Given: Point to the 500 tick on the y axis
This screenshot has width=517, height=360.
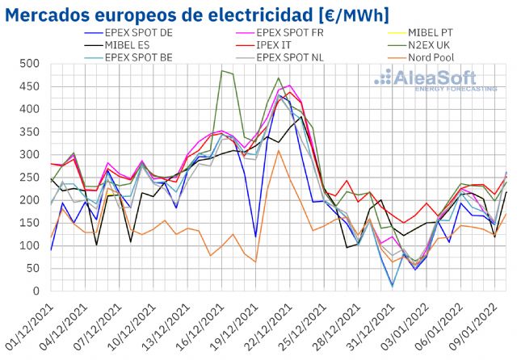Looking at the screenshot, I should (32, 64).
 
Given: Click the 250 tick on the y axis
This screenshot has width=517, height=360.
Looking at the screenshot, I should (32, 178).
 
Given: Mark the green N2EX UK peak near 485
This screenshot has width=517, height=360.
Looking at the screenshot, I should (222, 70).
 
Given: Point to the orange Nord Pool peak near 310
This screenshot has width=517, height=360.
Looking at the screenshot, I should (279, 150).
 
